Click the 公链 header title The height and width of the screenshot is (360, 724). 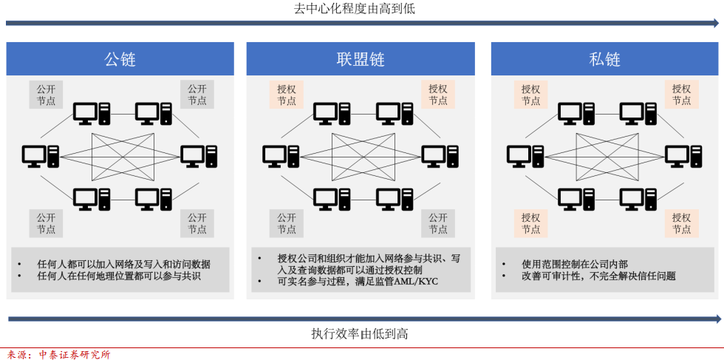[120, 59]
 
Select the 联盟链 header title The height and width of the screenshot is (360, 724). [361, 59]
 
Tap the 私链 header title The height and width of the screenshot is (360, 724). [604, 59]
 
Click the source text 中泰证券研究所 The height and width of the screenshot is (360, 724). [74, 354]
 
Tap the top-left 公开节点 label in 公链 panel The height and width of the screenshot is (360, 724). [47, 95]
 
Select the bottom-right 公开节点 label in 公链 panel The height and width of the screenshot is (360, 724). [197, 223]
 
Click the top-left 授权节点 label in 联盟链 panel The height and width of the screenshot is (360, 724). [287, 95]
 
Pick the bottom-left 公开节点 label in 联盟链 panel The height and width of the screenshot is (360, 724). [287, 223]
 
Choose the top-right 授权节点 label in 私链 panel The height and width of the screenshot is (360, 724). [681, 95]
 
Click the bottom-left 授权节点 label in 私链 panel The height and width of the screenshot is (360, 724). [530, 223]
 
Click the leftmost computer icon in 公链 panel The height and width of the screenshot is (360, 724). [40, 156]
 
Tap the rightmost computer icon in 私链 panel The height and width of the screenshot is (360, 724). [677, 156]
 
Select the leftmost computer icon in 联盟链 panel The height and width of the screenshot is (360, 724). [280, 156]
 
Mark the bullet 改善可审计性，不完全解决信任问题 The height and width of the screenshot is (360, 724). [588, 276]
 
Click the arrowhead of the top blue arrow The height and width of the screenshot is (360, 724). [714, 24]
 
